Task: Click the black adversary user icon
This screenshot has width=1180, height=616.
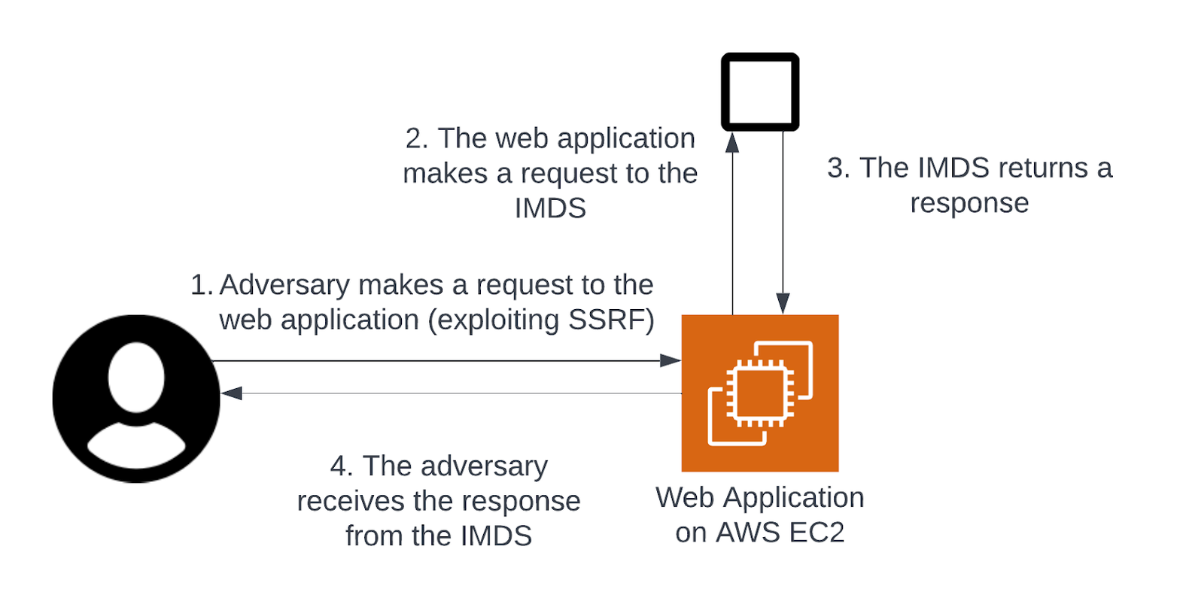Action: tap(136, 399)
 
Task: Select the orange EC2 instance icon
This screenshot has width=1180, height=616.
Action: tap(759, 393)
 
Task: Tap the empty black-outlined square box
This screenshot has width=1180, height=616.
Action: tap(760, 91)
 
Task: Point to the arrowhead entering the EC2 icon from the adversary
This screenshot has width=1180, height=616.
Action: tap(671, 361)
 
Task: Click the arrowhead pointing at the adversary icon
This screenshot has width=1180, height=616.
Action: tap(231, 393)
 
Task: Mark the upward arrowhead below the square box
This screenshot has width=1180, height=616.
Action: tap(731, 142)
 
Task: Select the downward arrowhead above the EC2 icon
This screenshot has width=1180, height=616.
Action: tap(783, 303)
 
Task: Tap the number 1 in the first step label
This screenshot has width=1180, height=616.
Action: tap(199, 285)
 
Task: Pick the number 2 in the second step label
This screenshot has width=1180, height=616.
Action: tap(414, 139)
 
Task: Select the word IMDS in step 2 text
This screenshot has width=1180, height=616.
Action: tap(550, 208)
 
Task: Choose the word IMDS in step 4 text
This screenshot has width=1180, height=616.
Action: tap(496, 536)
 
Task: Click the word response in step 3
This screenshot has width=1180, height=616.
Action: tap(969, 203)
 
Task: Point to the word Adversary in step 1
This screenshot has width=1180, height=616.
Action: tap(284, 285)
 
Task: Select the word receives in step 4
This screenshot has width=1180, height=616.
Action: tap(350, 501)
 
